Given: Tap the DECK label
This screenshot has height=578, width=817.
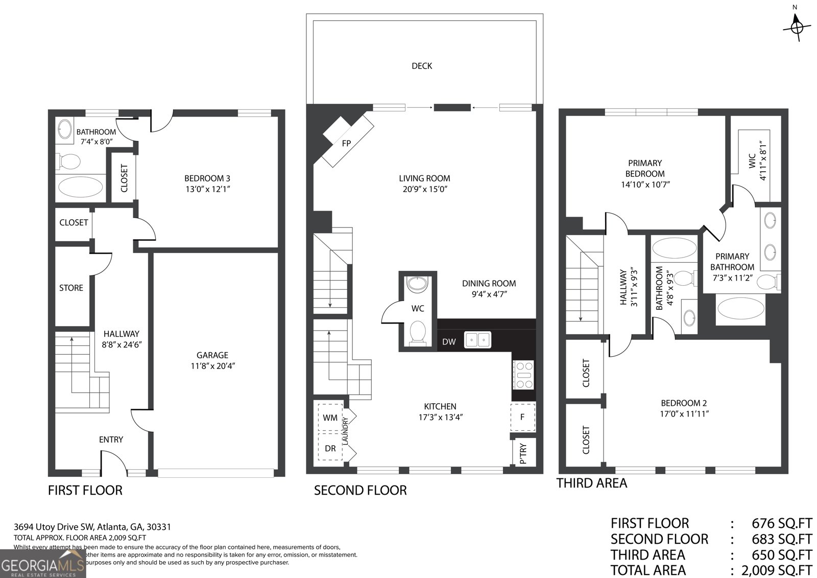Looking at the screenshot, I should click(422, 66).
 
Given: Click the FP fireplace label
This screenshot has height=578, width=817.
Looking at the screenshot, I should click(346, 143).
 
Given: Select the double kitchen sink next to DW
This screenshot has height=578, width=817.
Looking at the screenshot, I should click(477, 340).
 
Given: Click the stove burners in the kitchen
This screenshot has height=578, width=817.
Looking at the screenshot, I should click(523, 375).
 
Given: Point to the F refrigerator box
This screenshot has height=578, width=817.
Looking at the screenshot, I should click(522, 417).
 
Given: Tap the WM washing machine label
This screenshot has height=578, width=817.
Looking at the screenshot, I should click(330, 418).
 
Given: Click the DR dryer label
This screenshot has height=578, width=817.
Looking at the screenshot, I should click(330, 448).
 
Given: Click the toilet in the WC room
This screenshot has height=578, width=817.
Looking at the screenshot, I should click(418, 333).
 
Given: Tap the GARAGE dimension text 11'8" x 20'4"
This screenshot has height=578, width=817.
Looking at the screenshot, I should click(212, 366).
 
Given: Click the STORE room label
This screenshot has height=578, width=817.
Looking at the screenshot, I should click(71, 288).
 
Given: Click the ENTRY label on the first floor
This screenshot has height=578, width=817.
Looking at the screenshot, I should click(111, 440).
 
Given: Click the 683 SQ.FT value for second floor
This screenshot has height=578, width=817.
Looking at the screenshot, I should click(782, 539).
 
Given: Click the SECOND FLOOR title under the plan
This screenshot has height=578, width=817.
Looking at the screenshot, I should click(360, 491).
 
